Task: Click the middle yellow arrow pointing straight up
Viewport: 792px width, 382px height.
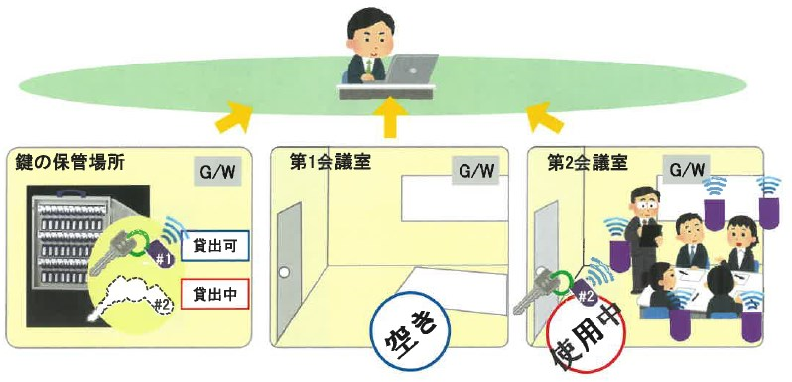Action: [391, 117]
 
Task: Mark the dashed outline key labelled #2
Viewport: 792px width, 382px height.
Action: [134, 294]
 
